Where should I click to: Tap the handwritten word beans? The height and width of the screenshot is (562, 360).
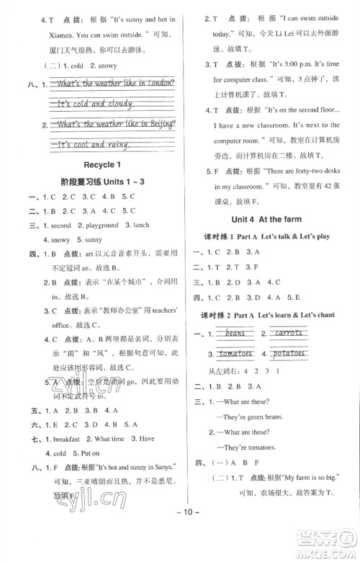pos(235,334)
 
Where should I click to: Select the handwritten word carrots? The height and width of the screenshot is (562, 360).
pos(289,334)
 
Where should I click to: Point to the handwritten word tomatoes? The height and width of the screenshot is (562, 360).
pos(235,354)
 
